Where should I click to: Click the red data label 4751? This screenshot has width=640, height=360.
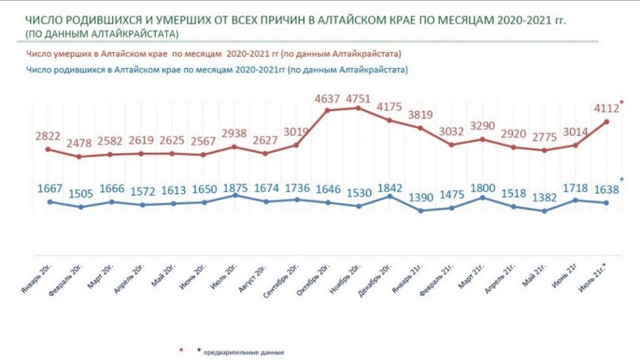point(358,99)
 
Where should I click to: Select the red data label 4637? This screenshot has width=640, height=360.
point(326,99)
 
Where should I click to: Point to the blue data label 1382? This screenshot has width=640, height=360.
point(544,198)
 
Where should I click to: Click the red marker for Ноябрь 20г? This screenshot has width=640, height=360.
point(358,108)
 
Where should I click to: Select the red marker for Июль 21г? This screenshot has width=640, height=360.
point(606,122)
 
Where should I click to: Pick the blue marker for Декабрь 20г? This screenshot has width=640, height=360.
point(389,196)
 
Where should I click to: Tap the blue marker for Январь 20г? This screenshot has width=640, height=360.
point(49,202)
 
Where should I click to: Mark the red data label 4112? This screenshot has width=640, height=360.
point(606,109)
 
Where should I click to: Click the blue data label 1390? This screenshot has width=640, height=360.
point(421,198)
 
